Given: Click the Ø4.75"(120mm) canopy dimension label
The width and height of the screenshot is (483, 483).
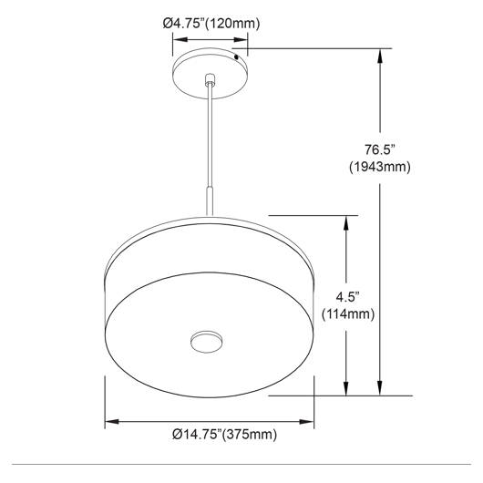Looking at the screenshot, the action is [x=211, y=24].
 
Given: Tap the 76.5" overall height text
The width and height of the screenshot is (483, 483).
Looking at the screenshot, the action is [x=379, y=150].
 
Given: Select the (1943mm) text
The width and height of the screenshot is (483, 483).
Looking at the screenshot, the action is [x=380, y=167].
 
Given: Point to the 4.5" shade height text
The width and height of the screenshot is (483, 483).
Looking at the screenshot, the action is [x=348, y=297].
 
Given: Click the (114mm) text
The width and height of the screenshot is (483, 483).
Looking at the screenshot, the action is [x=348, y=314].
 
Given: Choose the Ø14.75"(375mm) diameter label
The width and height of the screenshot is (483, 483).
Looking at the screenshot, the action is [x=224, y=435].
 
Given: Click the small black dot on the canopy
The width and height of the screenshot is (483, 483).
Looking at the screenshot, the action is [x=236, y=57].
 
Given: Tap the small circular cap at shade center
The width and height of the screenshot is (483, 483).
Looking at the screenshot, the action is [x=207, y=342].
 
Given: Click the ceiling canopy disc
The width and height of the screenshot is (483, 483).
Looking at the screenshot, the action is [x=211, y=73].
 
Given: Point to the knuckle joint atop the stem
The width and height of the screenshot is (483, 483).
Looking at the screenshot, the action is [x=211, y=79].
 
